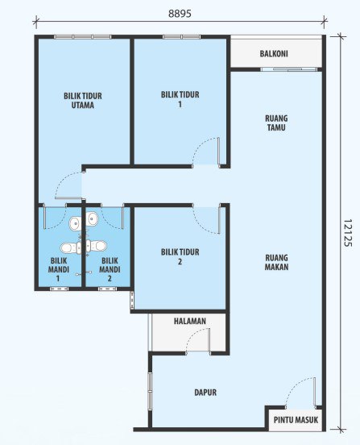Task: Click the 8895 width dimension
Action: click(180, 14)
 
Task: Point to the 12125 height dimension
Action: click(347, 233)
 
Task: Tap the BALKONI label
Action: click(274, 54)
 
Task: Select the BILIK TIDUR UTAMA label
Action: click(83, 101)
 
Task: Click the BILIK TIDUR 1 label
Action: click(180, 99)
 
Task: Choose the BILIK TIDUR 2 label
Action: click(180, 256)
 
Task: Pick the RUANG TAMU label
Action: click(276, 123)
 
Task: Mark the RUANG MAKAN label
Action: click(277, 262)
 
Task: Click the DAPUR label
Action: click(205, 393)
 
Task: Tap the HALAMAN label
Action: click(190, 322)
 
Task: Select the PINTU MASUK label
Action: click(296, 420)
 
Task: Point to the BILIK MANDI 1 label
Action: click(59, 269)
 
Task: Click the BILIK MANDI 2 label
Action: click(110, 269)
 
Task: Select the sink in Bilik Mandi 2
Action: click(92, 218)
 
